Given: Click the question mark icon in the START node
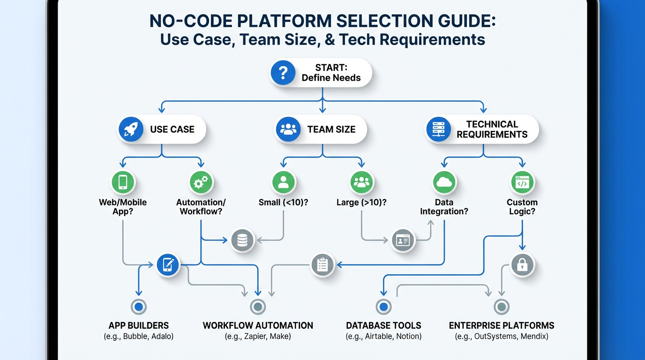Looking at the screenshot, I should pyautogui.click(x=283, y=73).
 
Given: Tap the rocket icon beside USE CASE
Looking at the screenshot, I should pyautogui.click(x=131, y=129).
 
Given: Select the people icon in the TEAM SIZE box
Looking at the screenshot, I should pyautogui.click(x=288, y=129).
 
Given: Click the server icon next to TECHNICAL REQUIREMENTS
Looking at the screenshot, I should pyautogui.click(x=438, y=129).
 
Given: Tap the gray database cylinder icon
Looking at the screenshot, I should pyautogui.click(x=242, y=240).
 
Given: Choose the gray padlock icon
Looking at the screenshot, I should pyautogui.click(x=522, y=265).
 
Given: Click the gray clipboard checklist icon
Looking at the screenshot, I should pyautogui.click(x=322, y=265).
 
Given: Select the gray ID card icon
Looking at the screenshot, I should pyautogui.click(x=403, y=240).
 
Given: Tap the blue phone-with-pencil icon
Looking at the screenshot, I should pyautogui.click(x=168, y=265).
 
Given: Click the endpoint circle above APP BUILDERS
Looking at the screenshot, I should pyautogui.click(x=138, y=307).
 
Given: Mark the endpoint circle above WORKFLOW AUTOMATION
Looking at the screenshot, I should pyautogui.click(x=258, y=307).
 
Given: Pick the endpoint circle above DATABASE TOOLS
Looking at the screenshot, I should pyautogui.click(x=383, y=307).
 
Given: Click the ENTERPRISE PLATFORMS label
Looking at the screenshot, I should pyautogui.click(x=502, y=325).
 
